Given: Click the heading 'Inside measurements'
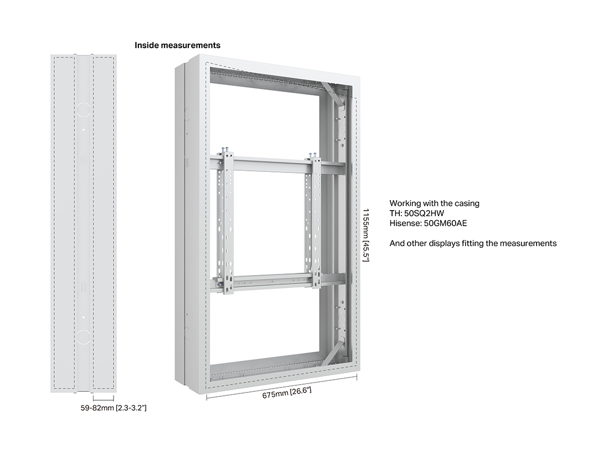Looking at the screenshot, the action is [x=177, y=45].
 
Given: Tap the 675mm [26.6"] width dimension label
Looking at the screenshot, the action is [x=287, y=392].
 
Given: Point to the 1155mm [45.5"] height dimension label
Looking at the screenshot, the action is [x=365, y=235].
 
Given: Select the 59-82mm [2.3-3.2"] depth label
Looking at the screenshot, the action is [x=114, y=408].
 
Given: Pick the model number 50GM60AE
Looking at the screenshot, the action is [x=445, y=223].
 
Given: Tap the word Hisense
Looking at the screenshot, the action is [x=405, y=223].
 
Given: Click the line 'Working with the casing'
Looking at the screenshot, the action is [x=435, y=203].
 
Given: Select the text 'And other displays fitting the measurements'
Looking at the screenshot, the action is [x=473, y=243].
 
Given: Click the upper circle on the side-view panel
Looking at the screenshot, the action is [x=84, y=109].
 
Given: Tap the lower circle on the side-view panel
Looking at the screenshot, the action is [x=84, y=338].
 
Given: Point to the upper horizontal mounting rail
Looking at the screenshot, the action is [x=277, y=163].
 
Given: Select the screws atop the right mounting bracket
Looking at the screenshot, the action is [x=313, y=155].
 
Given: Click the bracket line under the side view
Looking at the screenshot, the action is [x=103, y=399].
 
